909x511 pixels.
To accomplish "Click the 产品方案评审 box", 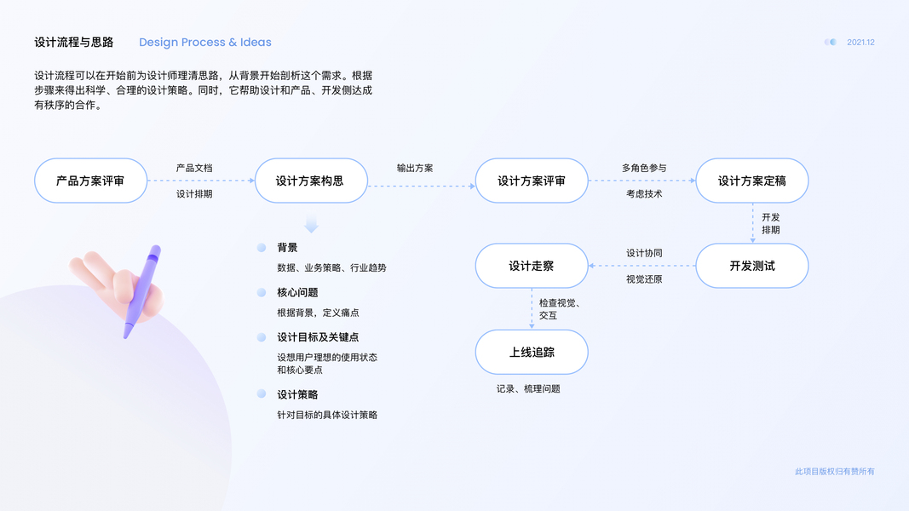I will tap(90, 181).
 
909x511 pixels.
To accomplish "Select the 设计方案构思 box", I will tap(310, 181).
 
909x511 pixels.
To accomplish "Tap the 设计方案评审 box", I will tap(532, 181).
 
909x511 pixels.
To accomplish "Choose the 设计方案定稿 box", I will tap(751, 181).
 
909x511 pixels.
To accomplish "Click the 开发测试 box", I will tap(751, 266).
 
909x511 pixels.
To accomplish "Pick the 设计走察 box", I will tap(532, 266).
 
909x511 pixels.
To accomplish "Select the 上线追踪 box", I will tap(532, 352).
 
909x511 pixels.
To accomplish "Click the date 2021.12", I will tap(860, 43).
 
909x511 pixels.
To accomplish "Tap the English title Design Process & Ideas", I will tap(205, 43).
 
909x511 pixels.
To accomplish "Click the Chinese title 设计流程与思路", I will tap(74, 43).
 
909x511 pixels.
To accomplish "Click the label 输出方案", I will tap(415, 168).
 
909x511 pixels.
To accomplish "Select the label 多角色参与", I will tap(643, 168).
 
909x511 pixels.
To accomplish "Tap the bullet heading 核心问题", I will tap(297, 292).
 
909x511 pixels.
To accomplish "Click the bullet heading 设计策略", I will tap(297, 394).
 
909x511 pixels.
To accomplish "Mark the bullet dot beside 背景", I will tap(262, 248).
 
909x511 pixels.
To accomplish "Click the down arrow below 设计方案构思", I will tap(311, 225).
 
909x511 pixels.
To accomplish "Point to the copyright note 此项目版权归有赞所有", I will tap(834, 471).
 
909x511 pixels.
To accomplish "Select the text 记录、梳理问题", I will tap(528, 388).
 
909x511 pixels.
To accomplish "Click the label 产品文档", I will tap(194, 168).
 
